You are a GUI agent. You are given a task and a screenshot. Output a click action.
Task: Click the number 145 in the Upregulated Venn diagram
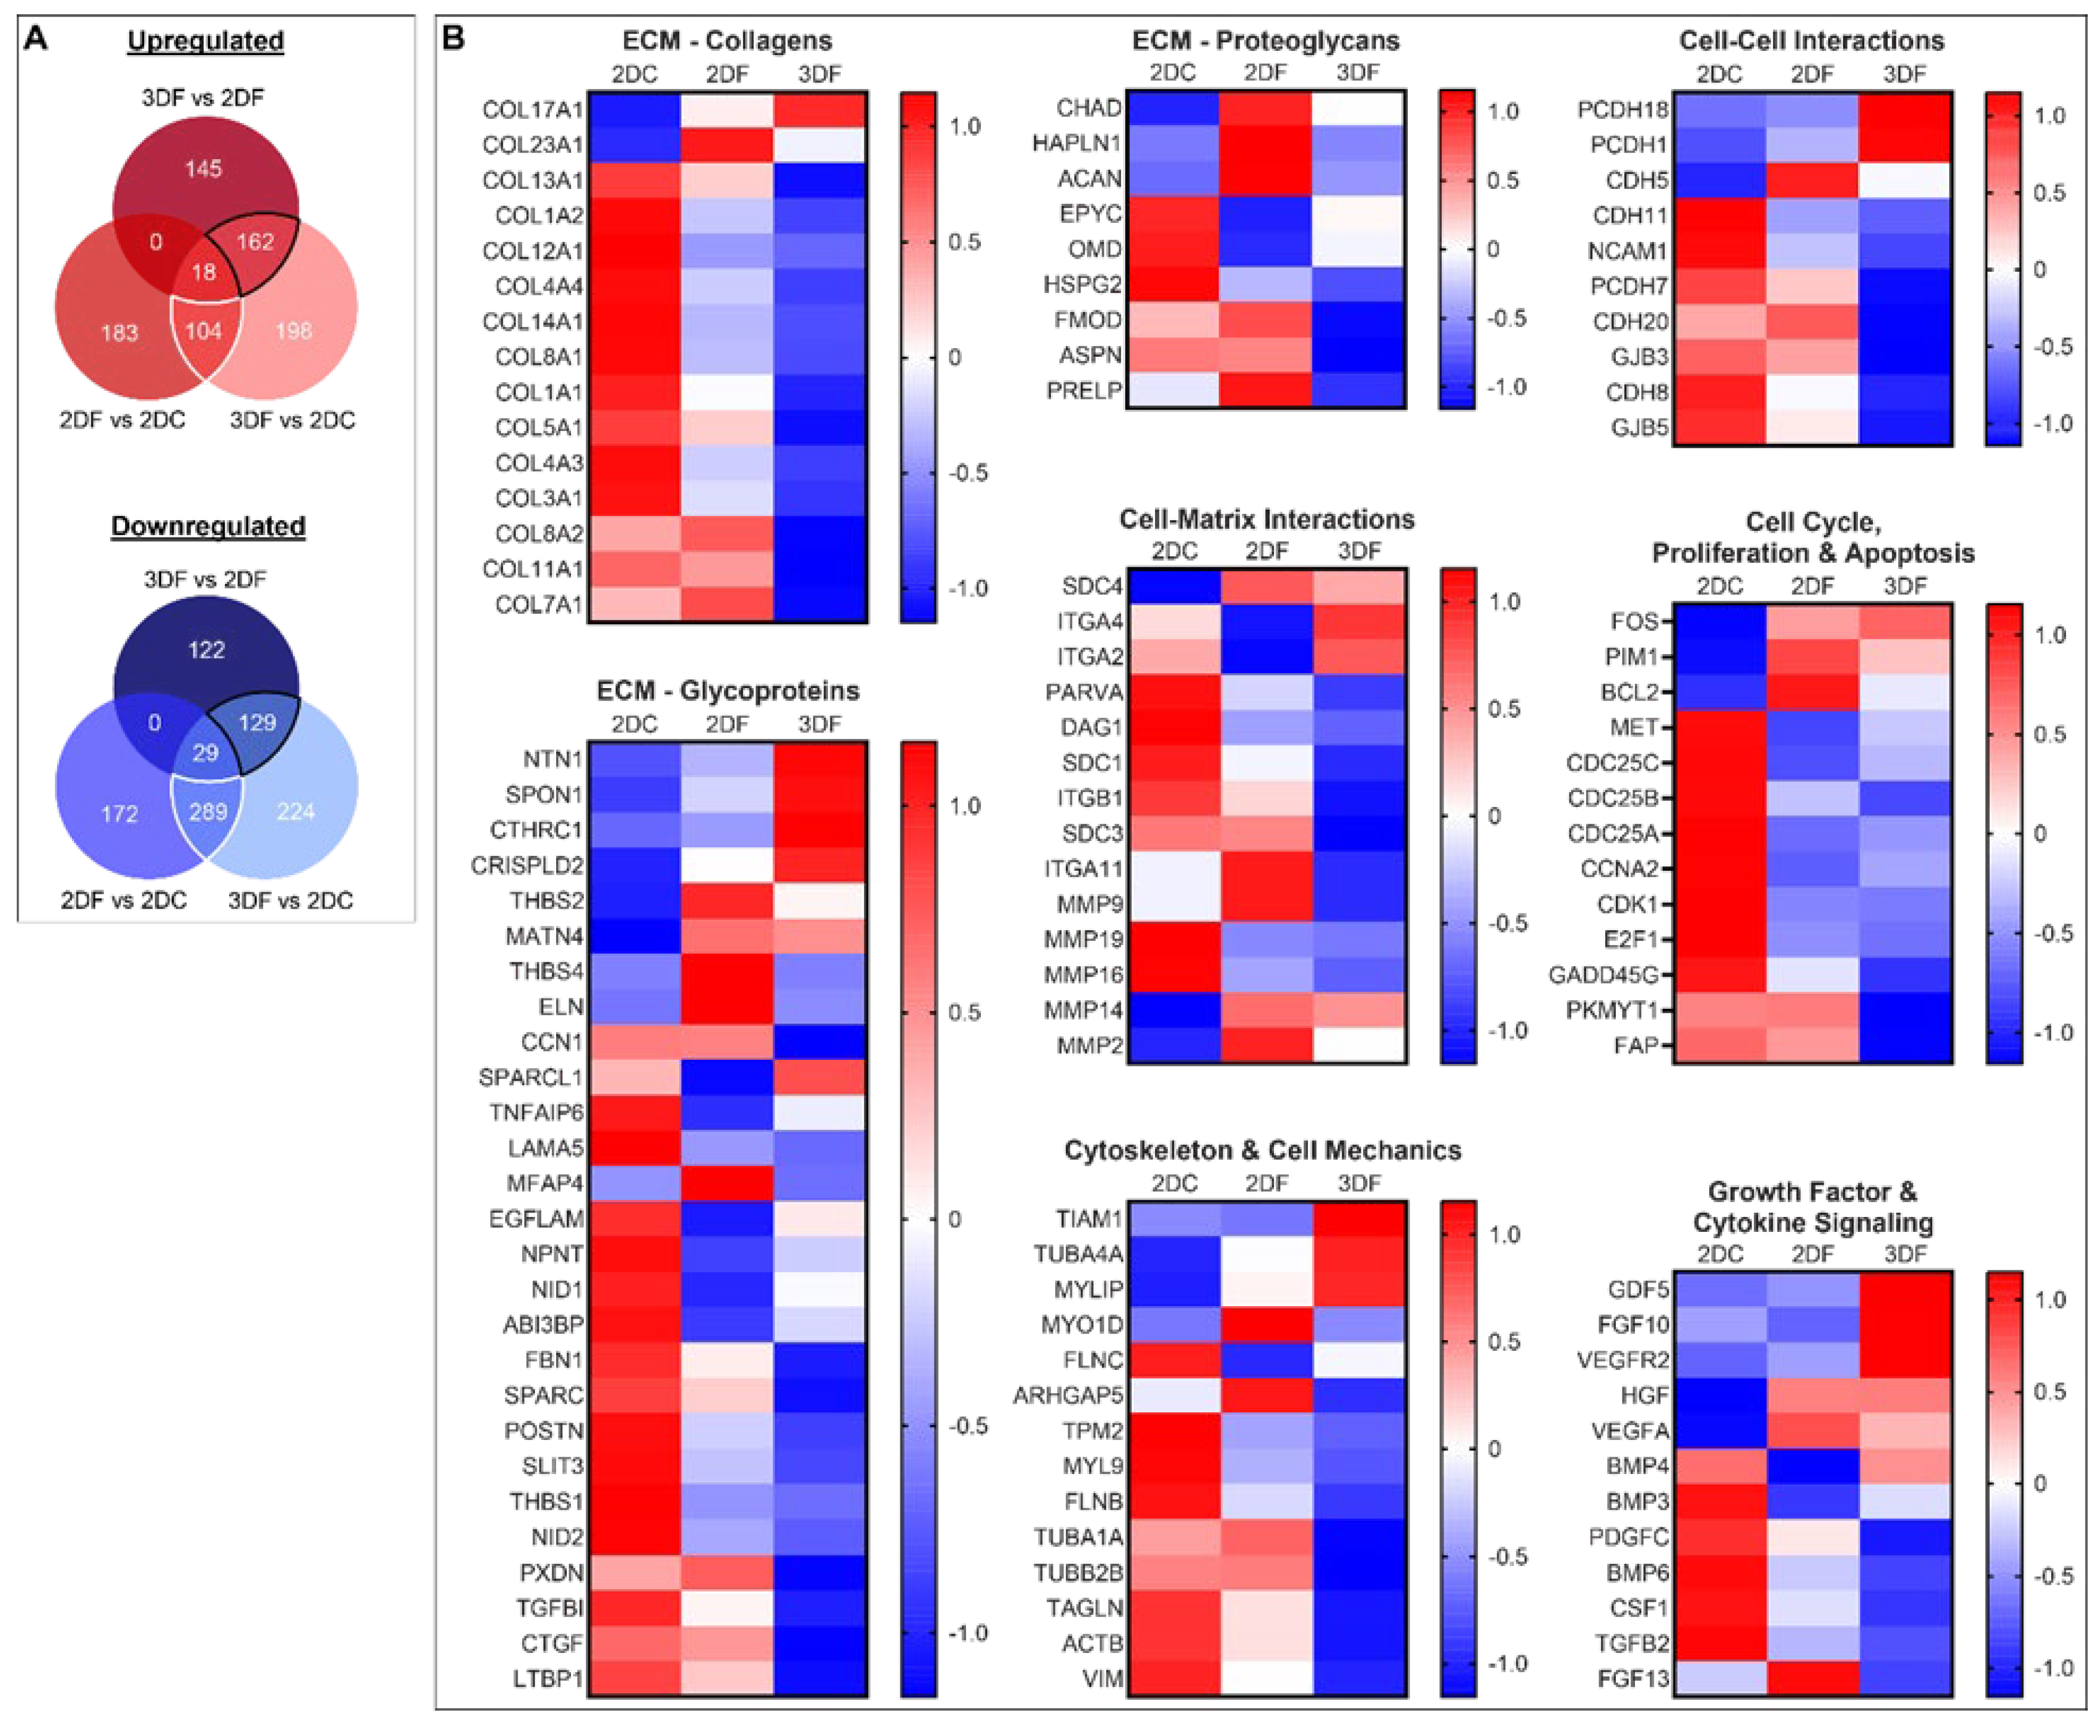204,168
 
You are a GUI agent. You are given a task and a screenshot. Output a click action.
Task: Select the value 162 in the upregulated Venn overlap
255,241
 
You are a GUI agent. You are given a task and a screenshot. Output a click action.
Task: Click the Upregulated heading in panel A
206,41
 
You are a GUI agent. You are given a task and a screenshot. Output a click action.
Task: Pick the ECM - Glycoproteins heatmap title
728,691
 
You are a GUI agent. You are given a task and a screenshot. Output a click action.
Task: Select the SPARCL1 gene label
531,1078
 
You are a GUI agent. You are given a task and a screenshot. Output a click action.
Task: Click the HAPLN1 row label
1077,144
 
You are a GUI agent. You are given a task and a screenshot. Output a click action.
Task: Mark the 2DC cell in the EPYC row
1173,214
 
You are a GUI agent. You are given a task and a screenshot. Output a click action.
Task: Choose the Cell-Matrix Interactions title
1266,519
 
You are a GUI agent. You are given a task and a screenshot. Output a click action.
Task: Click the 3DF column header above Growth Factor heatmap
1904,1254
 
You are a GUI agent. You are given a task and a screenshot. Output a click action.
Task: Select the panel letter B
453,38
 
